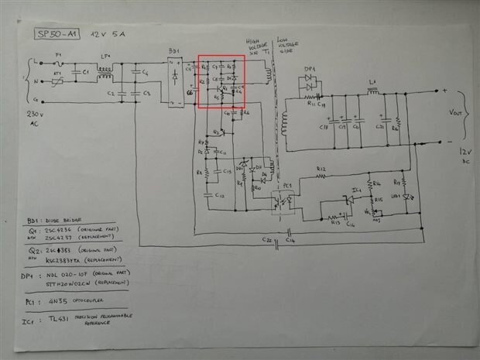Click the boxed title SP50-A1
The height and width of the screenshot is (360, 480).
[57, 35]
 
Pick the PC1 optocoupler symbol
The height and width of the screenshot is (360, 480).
[283, 198]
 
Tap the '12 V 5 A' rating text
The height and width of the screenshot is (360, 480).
[107, 35]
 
